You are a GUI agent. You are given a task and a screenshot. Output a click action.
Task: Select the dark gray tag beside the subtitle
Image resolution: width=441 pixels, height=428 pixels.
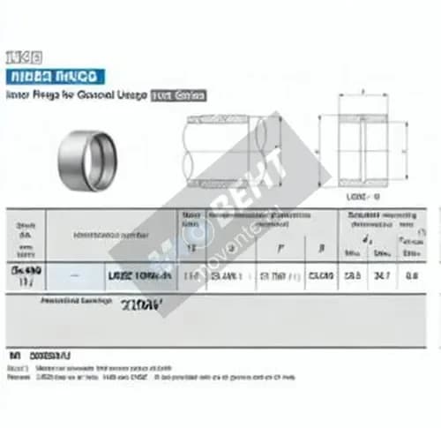tap(179, 94)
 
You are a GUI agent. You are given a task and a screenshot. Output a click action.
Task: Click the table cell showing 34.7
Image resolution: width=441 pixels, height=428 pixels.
tap(383, 275)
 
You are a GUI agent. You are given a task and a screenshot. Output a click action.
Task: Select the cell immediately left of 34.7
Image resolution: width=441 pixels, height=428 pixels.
tap(353, 275)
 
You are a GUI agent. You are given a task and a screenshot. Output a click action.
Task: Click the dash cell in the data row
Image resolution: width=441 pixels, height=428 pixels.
tap(73, 276)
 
